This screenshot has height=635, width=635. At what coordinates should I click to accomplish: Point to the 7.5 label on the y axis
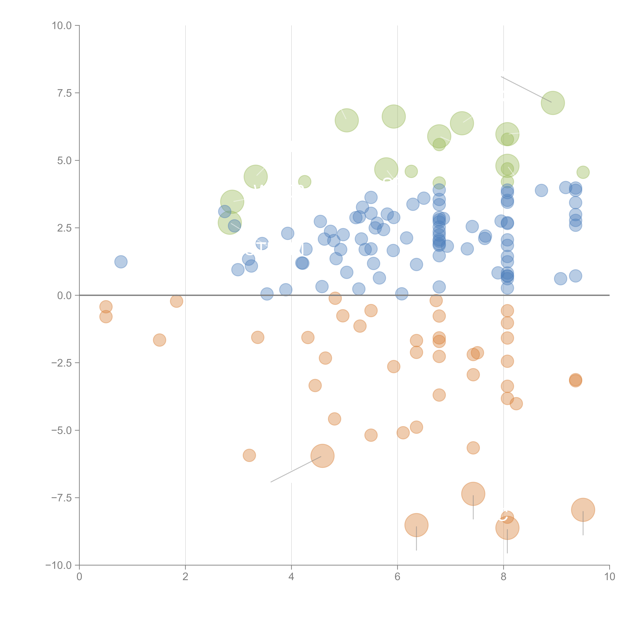coord(64,93)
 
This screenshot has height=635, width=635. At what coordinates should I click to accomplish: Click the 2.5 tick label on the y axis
coord(64,228)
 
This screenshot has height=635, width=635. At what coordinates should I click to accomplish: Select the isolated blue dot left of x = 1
coord(121,262)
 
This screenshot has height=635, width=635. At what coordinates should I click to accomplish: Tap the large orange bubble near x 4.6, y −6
coord(322,456)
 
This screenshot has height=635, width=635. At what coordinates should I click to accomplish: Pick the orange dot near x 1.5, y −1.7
coord(159,340)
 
